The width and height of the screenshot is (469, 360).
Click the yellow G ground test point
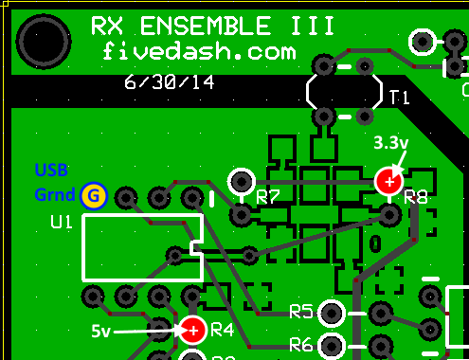click(x=93, y=196)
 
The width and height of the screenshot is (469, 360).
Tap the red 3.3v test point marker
click(x=388, y=180)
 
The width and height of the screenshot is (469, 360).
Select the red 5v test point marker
click(x=192, y=329)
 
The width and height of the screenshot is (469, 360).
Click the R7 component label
click(x=268, y=197)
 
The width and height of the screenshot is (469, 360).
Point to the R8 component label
click(x=416, y=197)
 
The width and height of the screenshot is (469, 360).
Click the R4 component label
click(x=222, y=330)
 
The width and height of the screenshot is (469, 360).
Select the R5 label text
click(x=301, y=311)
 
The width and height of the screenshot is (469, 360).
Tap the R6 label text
click(x=301, y=343)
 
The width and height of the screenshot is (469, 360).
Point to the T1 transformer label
click(x=399, y=96)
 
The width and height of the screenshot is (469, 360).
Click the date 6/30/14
click(x=170, y=82)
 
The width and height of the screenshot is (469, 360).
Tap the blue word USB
click(x=51, y=171)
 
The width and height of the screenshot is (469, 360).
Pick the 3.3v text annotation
click(x=391, y=144)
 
